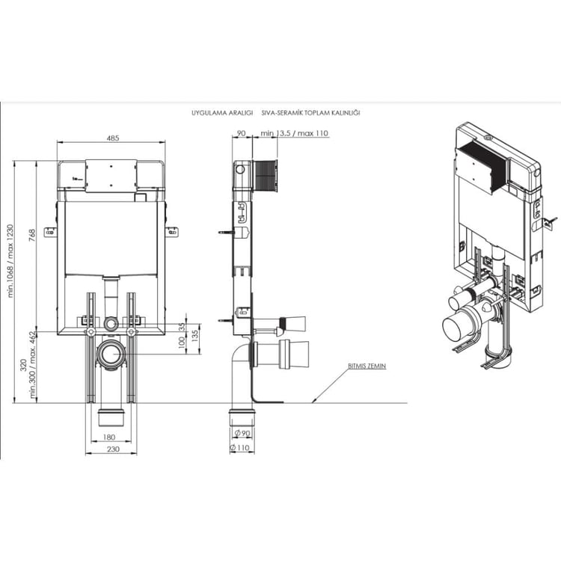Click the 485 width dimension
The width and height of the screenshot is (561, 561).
pos(113,138)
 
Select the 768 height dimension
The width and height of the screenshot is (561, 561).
pos(32,235)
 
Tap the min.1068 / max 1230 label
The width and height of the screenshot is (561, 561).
pos(10,261)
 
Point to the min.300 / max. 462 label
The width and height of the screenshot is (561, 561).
pos(33,365)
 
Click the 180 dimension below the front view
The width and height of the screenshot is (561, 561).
pos(108,437)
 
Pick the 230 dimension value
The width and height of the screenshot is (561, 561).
pos(113,449)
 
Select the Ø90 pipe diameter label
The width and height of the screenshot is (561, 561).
pos(242,433)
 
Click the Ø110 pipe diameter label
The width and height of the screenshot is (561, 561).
pos(239,447)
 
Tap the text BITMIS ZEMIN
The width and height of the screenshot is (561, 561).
pos(367,366)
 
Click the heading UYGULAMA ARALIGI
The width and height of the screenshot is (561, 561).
pos(222,113)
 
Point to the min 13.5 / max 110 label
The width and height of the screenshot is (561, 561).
pos(294,133)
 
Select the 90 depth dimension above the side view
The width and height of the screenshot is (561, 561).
pos(242,133)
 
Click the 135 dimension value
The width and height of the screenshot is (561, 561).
pos(195,336)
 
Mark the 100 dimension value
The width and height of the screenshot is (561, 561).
pos(182,343)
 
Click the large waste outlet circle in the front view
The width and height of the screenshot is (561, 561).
pos(111,354)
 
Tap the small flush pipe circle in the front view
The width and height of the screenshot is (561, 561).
pos(111,324)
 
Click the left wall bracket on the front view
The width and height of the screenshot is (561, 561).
pos(50,232)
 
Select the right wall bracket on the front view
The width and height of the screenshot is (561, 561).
pos(172,232)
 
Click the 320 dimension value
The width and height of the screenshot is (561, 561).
pos(23,364)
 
